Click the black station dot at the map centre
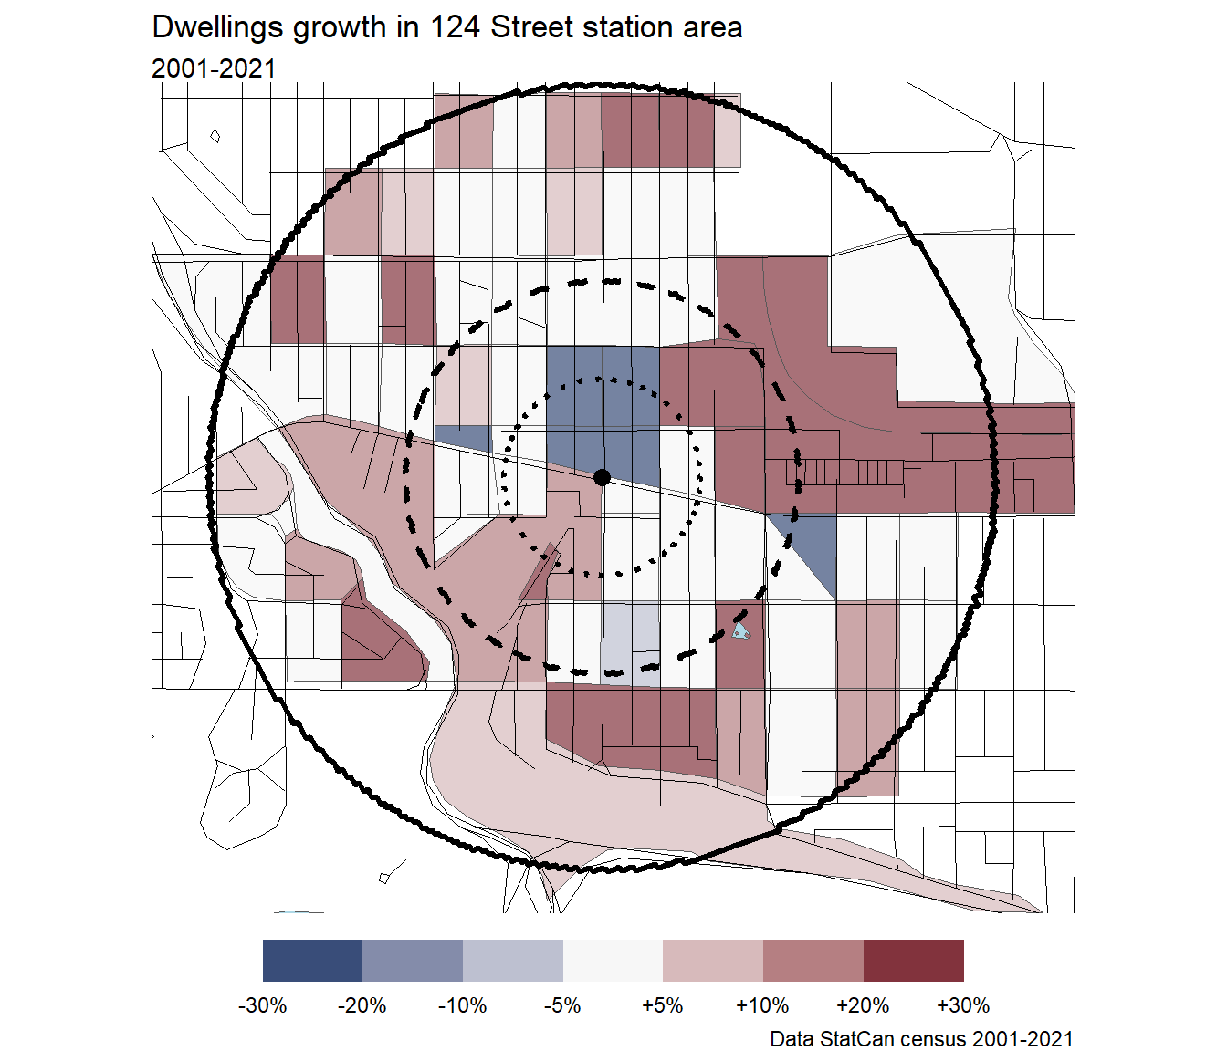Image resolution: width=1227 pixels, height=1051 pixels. [x=602, y=477]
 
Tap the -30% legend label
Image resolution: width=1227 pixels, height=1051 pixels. [x=262, y=1005]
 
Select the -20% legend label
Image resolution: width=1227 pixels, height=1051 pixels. [x=362, y=1005]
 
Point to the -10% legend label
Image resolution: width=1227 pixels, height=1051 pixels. [x=462, y=1005]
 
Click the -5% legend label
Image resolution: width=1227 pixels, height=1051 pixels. [x=562, y=1005]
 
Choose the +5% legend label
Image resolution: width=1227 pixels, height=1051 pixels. [x=662, y=1005]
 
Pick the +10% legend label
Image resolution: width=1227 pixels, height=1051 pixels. [x=762, y=1005]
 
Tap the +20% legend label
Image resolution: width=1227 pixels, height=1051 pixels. [x=863, y=1005]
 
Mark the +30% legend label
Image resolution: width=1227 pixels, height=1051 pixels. [x=963, y=1005]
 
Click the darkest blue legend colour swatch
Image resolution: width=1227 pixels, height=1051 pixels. [x=312, y=961]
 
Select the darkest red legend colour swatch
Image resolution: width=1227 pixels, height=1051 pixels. [x=913, y=961]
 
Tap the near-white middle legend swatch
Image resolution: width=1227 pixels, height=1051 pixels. [x=613, y=961]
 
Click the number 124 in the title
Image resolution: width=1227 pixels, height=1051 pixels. [x=456, y=27]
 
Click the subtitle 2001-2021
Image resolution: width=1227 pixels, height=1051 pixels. [x=214, y=68]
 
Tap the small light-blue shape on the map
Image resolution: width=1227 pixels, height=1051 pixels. [x=741, y=631]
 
